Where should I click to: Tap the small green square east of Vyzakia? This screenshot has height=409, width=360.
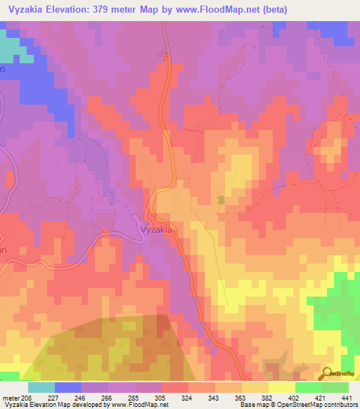(x=221, y=201)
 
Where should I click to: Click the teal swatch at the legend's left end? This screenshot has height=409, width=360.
(x=41, y=387)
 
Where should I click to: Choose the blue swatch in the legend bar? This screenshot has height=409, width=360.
(x=68, y=387)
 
